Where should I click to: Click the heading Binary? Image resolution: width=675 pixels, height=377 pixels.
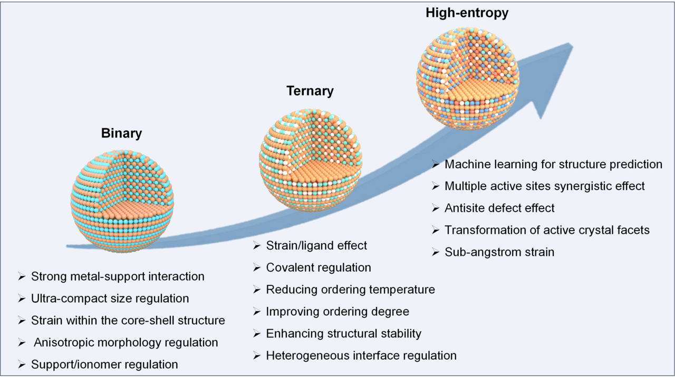click(121, 134)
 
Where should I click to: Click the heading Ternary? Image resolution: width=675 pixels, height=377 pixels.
click(310, 91)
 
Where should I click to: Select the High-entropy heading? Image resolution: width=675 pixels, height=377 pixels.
click(467, 13)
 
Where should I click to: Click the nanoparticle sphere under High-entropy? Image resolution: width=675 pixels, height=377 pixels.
click(467, 77)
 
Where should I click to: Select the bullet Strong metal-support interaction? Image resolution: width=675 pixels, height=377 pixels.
click(118, 276)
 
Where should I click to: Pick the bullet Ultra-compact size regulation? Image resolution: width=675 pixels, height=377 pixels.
click(110, 299)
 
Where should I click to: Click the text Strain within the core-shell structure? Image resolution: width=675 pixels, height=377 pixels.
click(128, 321)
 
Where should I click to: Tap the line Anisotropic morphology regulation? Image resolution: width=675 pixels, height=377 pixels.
click(126, 342)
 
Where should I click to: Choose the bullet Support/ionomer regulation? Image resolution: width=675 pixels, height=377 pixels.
click(104, 364)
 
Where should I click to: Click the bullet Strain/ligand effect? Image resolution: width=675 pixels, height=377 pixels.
click(316, 245)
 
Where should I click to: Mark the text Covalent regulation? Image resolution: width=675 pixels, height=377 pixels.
click(319, 267)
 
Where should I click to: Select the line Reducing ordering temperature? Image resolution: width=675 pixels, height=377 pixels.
click(350, 290)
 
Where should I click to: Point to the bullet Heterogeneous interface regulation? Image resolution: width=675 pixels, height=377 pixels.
click(361, 355)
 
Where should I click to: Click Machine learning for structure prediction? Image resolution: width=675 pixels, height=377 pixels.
click(553, 164)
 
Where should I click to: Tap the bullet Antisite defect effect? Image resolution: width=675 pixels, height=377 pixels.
click(499, 208)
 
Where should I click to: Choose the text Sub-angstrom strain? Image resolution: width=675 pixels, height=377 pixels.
click(499, 252)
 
